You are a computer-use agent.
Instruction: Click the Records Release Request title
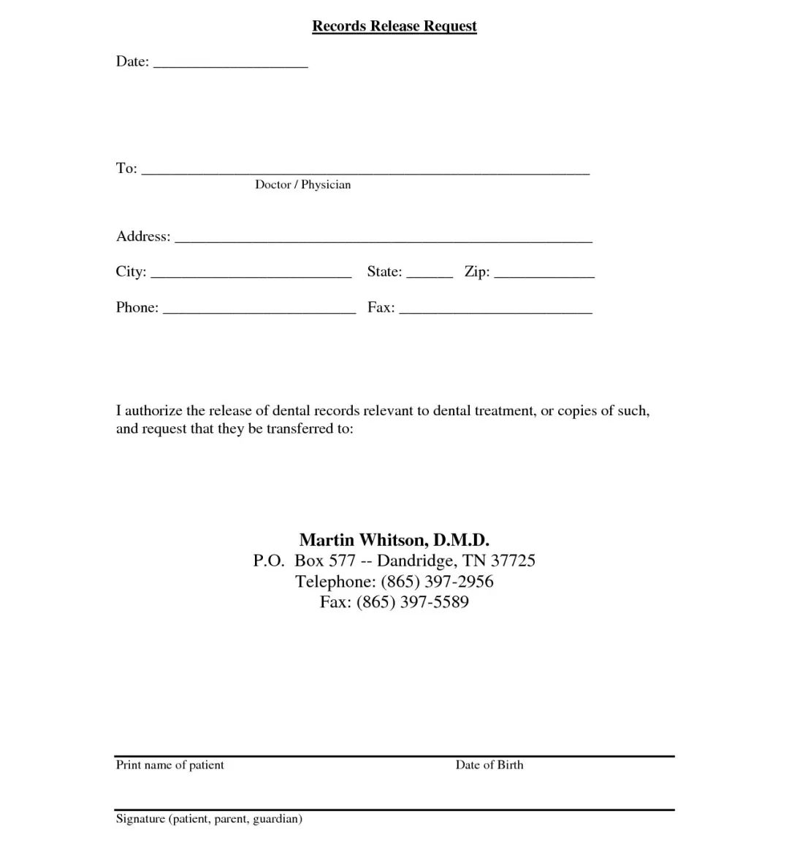point(394,26)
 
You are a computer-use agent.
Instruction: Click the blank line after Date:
point(231,64)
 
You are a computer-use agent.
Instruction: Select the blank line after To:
point(365,172)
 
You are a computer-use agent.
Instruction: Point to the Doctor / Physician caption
point(302,185)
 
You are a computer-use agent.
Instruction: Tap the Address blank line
point(383,239)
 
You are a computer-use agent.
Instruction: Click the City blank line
point(251,274)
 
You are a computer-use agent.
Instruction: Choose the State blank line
point(430,274)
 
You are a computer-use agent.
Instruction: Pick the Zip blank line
point(544,274)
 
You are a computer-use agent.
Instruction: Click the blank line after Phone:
point(259,310)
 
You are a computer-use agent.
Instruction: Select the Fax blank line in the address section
point(495,310)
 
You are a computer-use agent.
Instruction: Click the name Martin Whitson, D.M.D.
point(394,540)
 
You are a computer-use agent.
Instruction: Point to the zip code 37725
point(513,561)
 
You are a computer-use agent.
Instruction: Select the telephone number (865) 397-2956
point(437,582)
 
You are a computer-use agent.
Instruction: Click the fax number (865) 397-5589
point(413,602)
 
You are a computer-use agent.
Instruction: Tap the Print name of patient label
point(169,765)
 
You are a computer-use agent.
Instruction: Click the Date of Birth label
point(489,765)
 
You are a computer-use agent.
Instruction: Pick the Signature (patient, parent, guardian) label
point(209,819)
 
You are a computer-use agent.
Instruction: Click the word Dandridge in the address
point(416,561)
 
